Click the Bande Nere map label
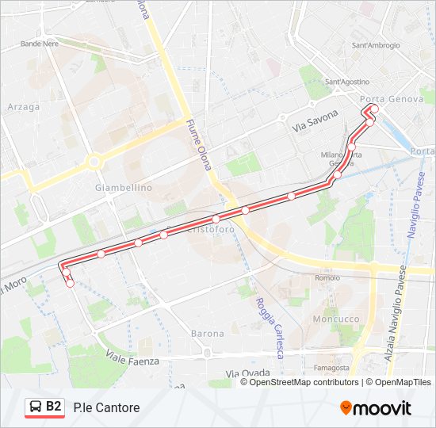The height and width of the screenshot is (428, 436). pos(40,44)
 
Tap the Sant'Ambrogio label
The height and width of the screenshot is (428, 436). pos(375,46)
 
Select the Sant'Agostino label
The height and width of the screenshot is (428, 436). pos(347,82)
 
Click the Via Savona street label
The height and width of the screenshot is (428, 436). pos(315,122)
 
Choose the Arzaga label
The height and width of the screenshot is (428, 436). pos(23,107)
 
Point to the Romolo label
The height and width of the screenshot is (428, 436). pos(327,278)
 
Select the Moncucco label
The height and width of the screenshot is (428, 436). pos(336,318)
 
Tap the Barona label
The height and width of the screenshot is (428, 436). pos(208,334)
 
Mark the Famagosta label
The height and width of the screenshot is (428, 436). pos(331,368)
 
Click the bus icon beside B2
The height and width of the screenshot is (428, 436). pos(35,407)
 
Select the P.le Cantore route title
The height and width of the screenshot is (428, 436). pos(106,408)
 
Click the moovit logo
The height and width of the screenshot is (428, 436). pos(376,408)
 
